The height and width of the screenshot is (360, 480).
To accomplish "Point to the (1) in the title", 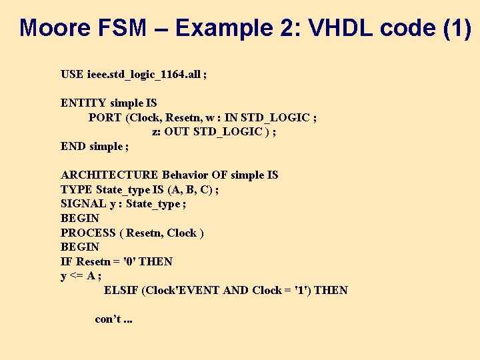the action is coord(456,28).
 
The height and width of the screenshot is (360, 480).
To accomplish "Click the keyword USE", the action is coord(72,74).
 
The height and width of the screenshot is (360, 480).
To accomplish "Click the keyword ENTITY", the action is coord(83,103).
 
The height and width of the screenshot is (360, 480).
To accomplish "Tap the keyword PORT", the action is coord(105,117).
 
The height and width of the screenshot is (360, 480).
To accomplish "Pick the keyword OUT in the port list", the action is coord(177,131).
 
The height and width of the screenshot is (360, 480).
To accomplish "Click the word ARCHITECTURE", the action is coord(110,175).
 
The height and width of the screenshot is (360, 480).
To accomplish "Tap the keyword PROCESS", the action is coord(88,233).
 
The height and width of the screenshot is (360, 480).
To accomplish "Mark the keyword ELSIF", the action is coord(121,290).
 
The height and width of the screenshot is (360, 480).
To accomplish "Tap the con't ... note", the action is coord(114,319).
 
